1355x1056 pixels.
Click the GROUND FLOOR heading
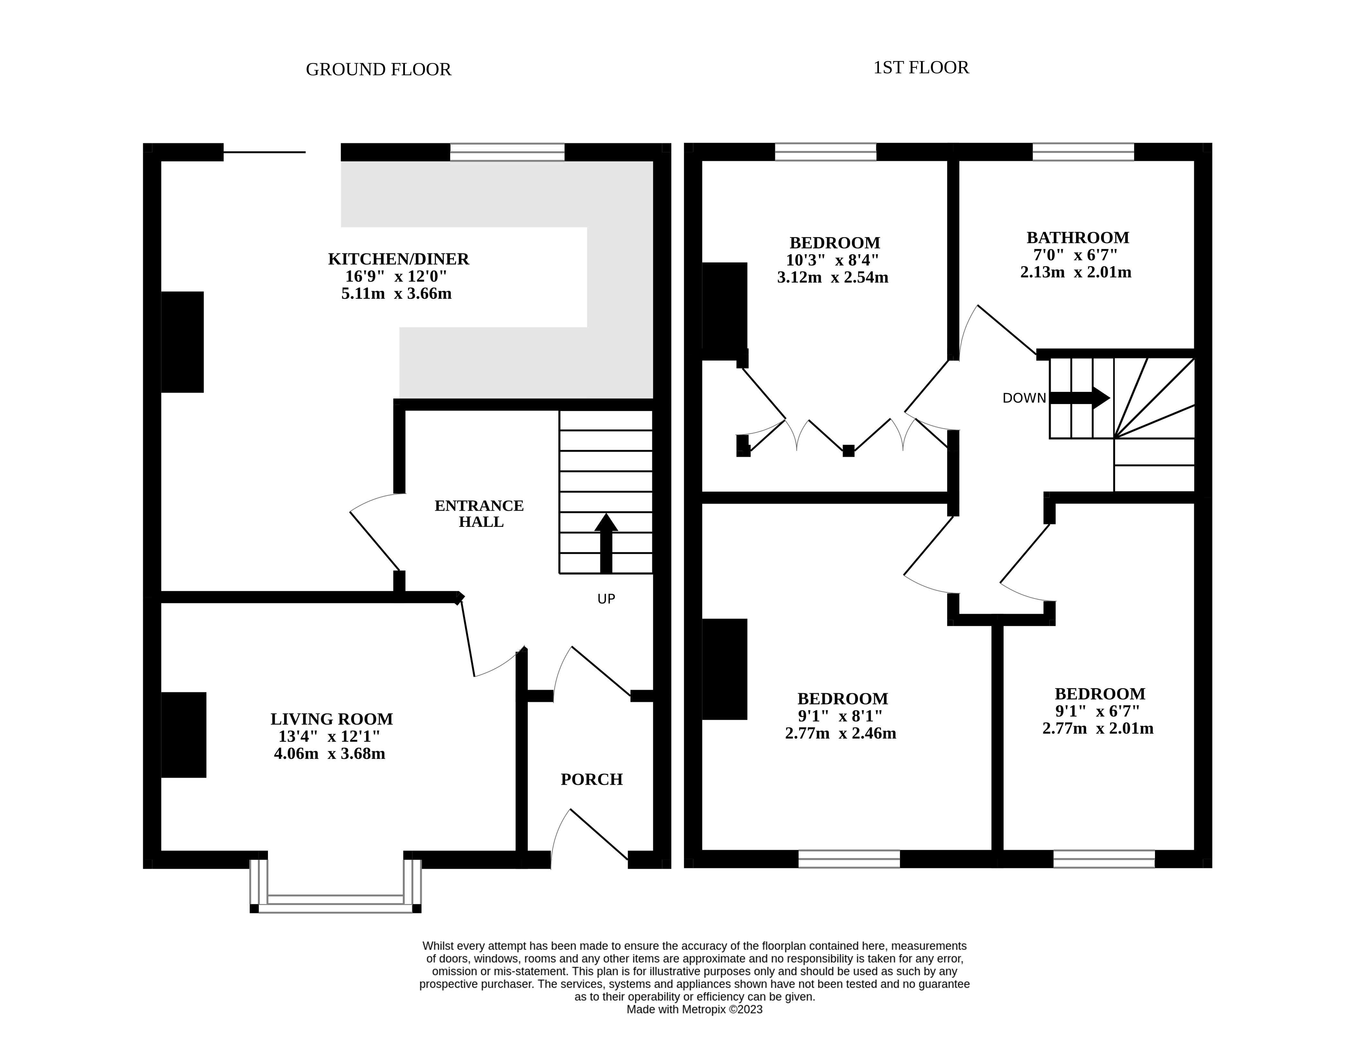(x=379, y=69)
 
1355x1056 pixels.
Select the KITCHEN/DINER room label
(x=398, y=259)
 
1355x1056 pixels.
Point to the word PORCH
(x=591, y=780)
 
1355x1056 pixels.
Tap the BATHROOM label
(x=1078, y=238)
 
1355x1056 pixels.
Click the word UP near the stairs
(x=606, y=599)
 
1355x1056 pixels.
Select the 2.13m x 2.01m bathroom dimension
(x=1076, y=272)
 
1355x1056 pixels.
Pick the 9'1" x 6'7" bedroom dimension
(x=1097, y=711)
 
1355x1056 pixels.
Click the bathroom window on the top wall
(x=1083, y=152)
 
